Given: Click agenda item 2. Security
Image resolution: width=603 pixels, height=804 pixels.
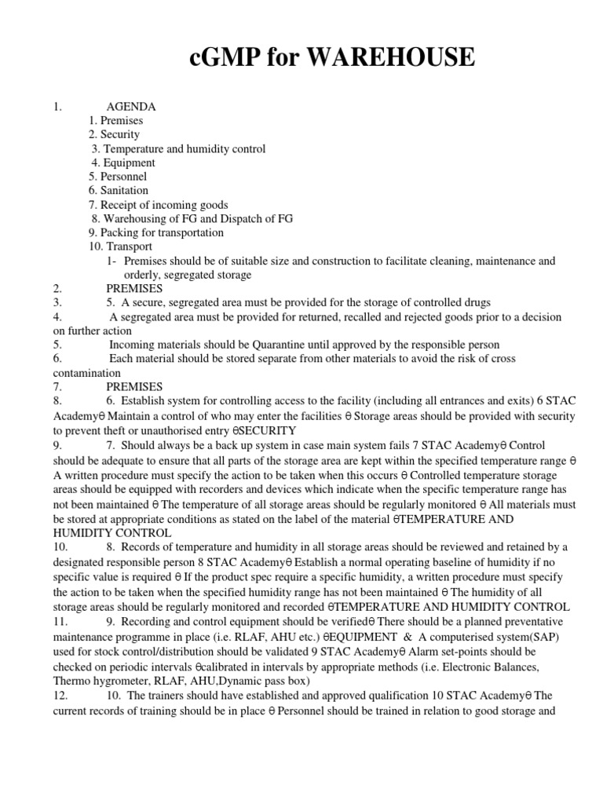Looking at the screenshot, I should pos(114,134).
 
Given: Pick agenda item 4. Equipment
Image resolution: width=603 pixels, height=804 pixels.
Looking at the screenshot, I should pos(123,163).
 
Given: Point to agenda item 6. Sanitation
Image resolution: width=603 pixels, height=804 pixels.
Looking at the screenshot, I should pos(119,191).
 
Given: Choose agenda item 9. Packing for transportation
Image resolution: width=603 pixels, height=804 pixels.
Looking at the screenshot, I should pos(156,233).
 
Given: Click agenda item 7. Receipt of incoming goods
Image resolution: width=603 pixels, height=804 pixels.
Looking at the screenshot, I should pos(159,205).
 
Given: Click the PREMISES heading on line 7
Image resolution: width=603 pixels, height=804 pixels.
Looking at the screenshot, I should pos(134,387).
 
